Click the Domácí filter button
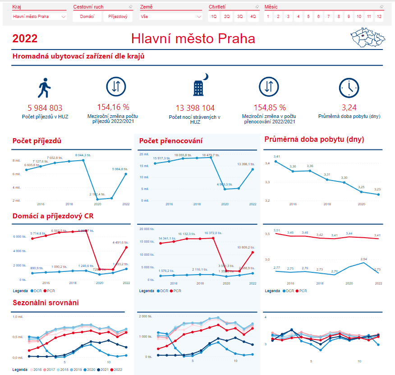coord(87,17)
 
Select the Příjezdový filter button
coord(118,17)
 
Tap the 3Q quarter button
coord(240,17)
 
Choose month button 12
coord(379,17)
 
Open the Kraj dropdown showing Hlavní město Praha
coord(39,17)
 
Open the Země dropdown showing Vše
coord(171,17)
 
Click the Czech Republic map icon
coord(366,38)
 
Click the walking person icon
coord(44,88)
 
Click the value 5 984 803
coord(45,108)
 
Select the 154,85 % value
coord(270,108)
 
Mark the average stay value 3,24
coord(349,108)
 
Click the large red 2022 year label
coord(25,39)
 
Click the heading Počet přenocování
coord(171,141)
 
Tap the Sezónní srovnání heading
coord(46,303)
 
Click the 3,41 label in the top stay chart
coord(276,156)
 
